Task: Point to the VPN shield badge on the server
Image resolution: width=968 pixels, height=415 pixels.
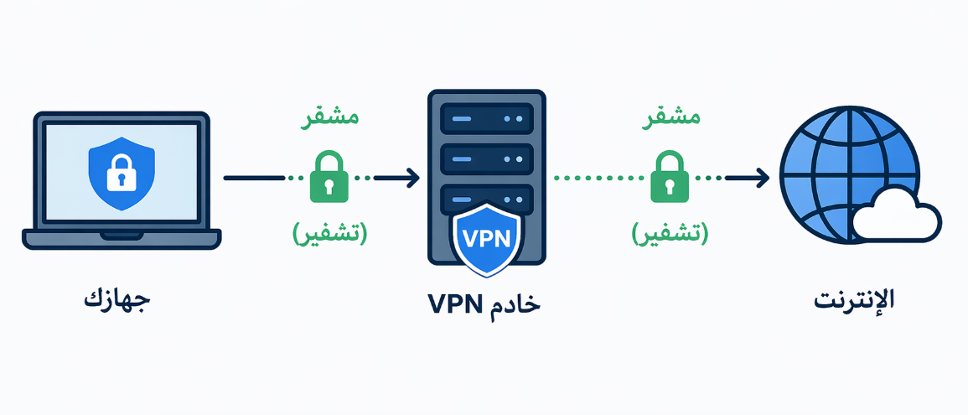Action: [486, 238]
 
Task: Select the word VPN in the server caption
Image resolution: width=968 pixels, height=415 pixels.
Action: [454, 303]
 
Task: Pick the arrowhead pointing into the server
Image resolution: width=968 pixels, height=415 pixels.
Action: [411, 178]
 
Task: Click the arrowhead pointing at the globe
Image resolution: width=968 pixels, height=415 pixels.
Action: [761, 178]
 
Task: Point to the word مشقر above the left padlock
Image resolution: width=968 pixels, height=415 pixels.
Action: [329, 118]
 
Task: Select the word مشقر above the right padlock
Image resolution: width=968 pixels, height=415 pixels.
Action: [670, 118]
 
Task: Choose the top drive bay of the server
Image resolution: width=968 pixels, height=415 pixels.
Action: [486, 118]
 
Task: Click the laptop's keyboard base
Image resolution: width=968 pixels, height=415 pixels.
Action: [122, 239]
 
